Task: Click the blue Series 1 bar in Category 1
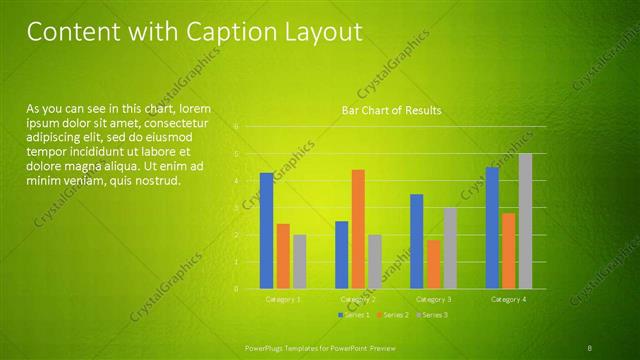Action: [266, 230]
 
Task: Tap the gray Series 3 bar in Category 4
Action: [525, 220]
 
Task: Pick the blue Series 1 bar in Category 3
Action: [416, 241]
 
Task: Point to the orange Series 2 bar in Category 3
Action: [433, 264]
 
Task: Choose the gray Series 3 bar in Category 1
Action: [300, 261]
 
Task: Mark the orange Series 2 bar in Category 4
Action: [508, 250]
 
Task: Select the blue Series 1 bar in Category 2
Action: [341, 254]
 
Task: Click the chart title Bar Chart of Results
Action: [391, 110]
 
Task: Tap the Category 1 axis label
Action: [283, 299]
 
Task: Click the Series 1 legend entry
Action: [355, 315]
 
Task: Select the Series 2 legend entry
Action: [395, 315]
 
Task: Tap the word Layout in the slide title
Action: [322, 33]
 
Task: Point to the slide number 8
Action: [590, 347]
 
